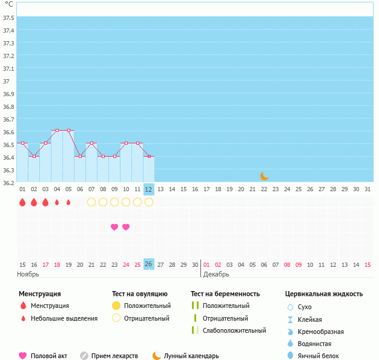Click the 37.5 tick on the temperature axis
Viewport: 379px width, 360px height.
click(x=8, y=18)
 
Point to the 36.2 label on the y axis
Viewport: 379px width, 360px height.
click(x=8, y=183)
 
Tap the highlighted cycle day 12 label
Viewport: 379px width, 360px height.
click(x=149, y=189)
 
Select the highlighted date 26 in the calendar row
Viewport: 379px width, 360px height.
click(x=149, y=264)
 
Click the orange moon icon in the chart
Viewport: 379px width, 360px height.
click(x=264, y=176)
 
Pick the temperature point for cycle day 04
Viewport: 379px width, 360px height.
click(x=57, y=130)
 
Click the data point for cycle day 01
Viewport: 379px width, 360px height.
click(x=22, y=143)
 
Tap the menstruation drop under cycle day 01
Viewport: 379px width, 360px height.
click(x=22, y=202)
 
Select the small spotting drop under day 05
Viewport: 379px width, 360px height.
click(x=68, y=202)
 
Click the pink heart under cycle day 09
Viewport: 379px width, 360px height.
click(x=114, y=227)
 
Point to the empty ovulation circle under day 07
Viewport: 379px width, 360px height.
click(x=91, y=202)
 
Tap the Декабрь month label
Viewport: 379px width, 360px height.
click(x=216, y=274)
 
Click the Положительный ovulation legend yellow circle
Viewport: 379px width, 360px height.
click(x=116, y=306)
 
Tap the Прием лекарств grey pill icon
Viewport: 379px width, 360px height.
click(x=84, y=356)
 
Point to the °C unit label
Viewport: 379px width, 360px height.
click(x=8, y=4)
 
